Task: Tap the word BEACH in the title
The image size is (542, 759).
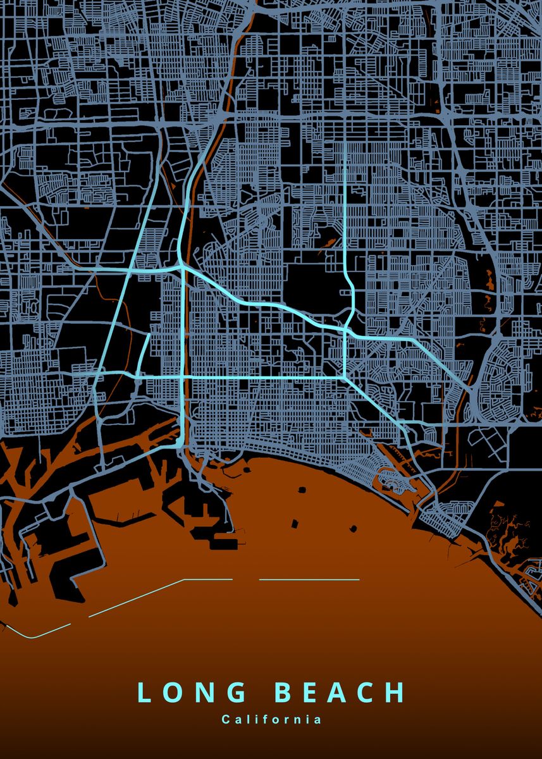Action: (x=340, y=693)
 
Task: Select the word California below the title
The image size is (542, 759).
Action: (x=271, y=719)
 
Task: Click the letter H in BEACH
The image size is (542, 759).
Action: (x=395, y=693)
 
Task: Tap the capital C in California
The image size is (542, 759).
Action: (x=225, y=719)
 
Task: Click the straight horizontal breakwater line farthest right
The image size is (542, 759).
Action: (x=309, y=579)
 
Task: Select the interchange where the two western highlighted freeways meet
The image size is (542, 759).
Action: (x=181, y=268)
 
